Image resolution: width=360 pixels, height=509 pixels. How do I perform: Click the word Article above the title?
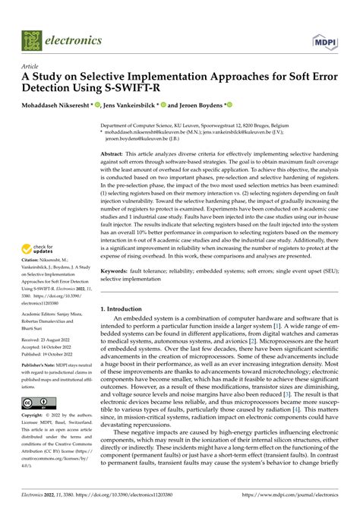click(x=30, y=67)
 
